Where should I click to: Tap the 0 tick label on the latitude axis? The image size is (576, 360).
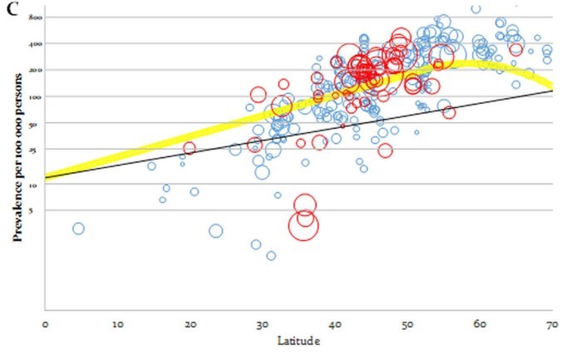point(45,325)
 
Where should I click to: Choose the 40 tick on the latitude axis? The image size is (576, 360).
point(334,325)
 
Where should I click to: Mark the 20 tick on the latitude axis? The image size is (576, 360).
point(190,325)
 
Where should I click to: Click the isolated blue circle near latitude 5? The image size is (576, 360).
point(78,229)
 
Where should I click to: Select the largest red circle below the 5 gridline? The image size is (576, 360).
point(304,224)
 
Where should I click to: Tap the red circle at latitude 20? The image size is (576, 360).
point(190,148)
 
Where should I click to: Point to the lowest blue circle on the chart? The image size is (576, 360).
point(271,255)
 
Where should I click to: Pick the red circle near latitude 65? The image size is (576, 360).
point(516,49)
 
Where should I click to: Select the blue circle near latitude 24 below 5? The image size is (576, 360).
point(216,231)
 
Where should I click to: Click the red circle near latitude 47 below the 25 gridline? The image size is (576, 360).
point(385,150)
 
